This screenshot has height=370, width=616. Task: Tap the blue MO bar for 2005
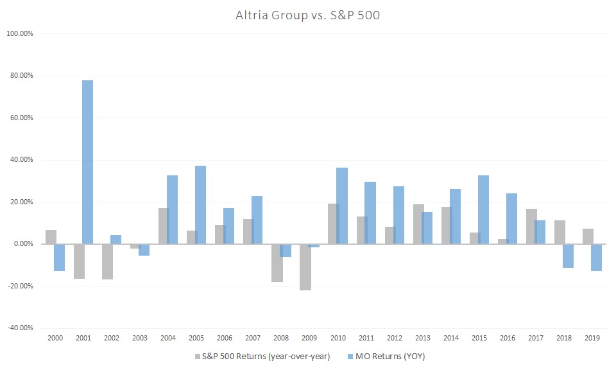point(200,205)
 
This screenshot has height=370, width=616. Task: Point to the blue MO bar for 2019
point(595,258)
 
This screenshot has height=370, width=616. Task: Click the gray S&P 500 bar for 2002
point(107,261)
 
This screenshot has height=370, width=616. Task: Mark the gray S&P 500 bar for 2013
point(418,224)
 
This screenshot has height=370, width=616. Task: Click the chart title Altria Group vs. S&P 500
point(308,15)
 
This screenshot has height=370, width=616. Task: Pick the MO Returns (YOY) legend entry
point(384,357)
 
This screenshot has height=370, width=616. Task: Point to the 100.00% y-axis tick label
point(22,33)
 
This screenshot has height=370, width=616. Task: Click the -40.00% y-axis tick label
point(22,328)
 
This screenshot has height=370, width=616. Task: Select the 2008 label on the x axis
point(280,337)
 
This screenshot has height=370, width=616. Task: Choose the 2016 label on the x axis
point(506,337)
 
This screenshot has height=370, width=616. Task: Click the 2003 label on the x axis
point(139,337)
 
